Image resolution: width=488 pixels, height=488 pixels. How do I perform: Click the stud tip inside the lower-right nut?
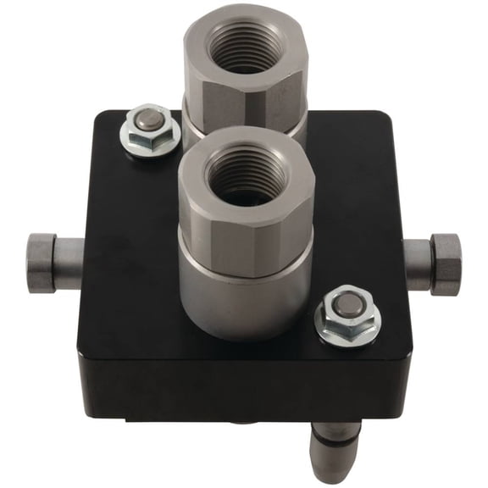(347, 303)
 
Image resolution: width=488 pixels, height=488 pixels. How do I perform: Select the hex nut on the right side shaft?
(446, 264)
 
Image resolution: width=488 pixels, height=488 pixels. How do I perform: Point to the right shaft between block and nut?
(417, 264)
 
